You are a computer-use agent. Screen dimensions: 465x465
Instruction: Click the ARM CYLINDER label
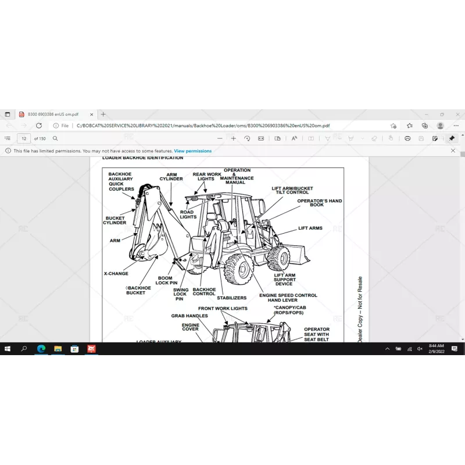(171, 177)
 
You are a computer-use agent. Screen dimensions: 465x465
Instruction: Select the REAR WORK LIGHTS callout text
(206, 177)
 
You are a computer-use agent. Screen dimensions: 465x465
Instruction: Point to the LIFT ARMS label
(310, 228)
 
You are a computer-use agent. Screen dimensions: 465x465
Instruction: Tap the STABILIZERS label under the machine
(232, 298)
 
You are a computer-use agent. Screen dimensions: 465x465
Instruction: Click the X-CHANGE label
(116, 273)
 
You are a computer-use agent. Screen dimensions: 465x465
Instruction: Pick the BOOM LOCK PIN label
(166, 280)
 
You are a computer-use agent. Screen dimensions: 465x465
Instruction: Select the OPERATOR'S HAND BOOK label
(319, 203)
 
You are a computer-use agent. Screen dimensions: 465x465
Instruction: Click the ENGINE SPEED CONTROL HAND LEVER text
(288, 298)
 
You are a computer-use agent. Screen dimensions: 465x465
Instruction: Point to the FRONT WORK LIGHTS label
(223, 309)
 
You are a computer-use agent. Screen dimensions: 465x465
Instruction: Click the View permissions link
(192, 151)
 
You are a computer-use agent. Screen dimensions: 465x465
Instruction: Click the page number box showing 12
(24, 138)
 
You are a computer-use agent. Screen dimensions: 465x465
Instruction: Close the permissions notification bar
(453, 151)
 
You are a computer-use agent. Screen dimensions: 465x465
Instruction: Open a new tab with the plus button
(103, 115)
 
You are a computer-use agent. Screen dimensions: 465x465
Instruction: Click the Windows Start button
(8, 349)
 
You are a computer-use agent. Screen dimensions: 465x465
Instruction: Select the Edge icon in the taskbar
(41, 349)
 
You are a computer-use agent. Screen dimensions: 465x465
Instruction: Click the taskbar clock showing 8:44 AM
(436, 349)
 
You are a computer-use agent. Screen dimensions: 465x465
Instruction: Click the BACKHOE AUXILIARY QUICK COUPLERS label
(121, 181)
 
